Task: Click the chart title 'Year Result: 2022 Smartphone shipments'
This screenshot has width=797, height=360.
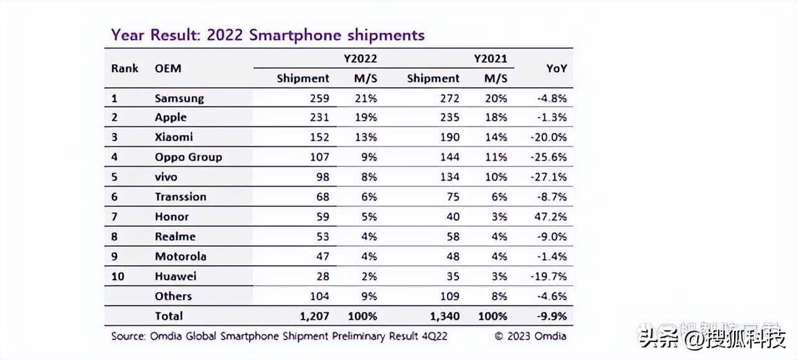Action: (268, 35)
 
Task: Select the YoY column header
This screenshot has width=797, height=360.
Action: (556, 69)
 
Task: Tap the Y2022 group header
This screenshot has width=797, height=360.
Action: (361, 59)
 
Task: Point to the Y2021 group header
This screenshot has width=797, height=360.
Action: (490, 59)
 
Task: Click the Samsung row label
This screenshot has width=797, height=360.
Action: (179, 98)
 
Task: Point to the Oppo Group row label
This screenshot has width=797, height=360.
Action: (188, 157)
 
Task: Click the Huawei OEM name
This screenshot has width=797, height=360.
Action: (176, 276)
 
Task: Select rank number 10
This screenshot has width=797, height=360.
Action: (118, 276)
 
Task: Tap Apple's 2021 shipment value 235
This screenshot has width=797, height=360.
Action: (448, 117)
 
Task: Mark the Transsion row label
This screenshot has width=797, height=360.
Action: (181, 197)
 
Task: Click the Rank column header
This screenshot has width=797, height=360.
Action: (125, 68)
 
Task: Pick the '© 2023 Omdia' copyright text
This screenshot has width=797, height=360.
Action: (531, 336)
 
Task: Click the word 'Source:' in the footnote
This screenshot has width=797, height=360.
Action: (129, 336)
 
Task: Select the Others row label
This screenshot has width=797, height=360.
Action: (173, 296)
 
